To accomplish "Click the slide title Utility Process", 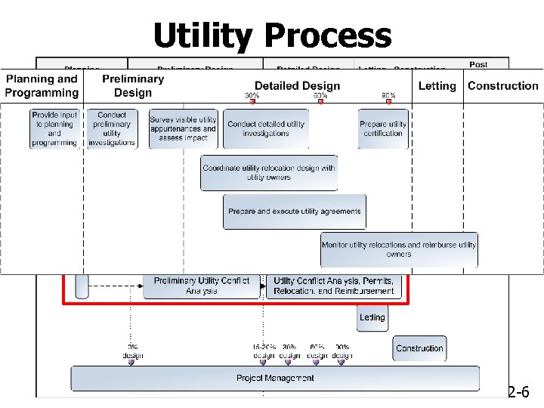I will (x=272, y=35).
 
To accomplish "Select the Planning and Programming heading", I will (x=42, y=85).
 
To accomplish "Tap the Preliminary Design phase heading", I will (x=133, y=85).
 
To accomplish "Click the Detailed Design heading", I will (x=297, y=85).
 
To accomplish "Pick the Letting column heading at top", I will (x=437, y=85).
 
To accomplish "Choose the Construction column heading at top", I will (x=502, y=85).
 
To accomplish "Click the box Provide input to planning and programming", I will (x=54, y=128).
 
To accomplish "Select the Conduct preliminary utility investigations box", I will (x=112, y=128).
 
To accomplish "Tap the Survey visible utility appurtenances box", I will (x=183, y=128).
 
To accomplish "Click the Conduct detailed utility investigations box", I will (x=266, y=128).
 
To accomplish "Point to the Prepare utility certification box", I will (x=383, y=128).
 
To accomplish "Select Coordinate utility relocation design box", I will (x=269, y=173).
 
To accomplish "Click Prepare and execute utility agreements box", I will (x=294, y=212).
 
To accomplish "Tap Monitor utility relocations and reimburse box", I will (x=399, y=249).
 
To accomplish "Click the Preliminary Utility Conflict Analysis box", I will (x=201, y=286).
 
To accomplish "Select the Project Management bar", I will (x=275, y=378).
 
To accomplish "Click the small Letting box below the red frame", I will (x=372, y=317).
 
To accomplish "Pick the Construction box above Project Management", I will (x=419, y=348).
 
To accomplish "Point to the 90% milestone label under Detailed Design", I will (x=389, y=96).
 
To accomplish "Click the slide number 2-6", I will (x=524, y=391).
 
